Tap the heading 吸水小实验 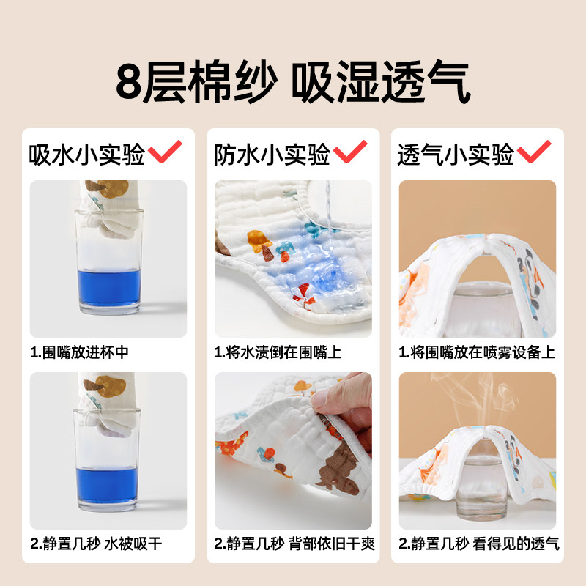click(86, 155)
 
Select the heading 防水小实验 click(272, 155)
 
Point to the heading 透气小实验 click(456, 155)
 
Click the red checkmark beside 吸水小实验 click(165, 153)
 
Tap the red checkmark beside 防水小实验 click(350, 153)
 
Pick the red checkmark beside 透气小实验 click(534, 153)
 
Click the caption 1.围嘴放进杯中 click(80, 352)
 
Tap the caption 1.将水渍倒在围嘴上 click(278, 352)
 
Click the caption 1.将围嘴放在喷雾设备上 click(477, 352)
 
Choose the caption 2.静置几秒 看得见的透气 click(478, 544)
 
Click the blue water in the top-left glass click(108, 291)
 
